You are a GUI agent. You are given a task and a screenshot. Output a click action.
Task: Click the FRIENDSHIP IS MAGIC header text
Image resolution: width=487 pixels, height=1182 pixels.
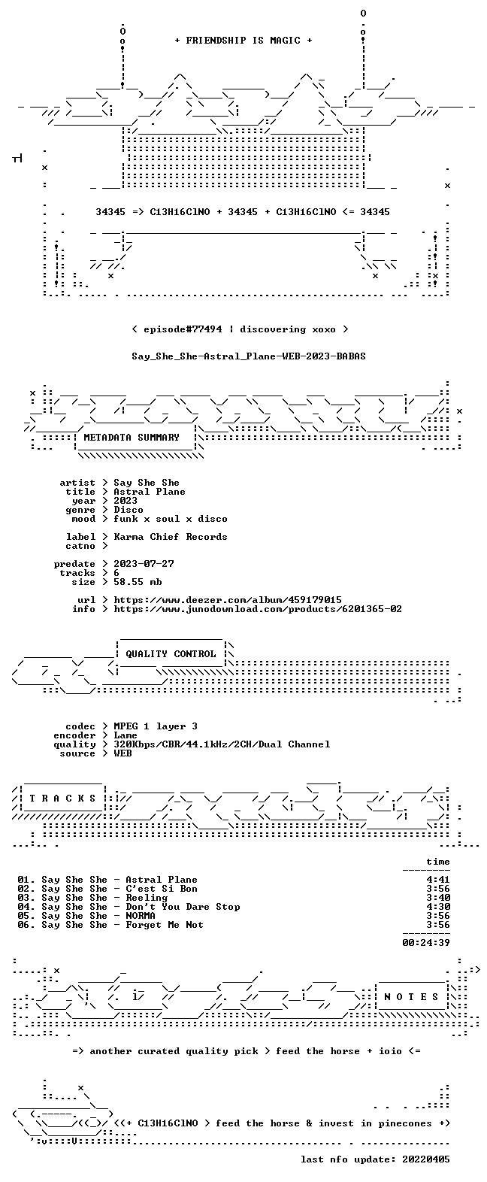click(243, 41)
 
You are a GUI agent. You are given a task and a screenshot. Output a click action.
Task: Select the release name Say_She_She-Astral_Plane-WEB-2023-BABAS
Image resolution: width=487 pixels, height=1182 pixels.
click(249, 356)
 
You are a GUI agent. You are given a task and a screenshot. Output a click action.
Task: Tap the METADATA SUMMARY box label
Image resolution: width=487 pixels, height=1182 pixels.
click(132, 438)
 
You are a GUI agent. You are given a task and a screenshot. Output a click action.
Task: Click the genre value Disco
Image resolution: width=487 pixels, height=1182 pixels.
click(129, 510)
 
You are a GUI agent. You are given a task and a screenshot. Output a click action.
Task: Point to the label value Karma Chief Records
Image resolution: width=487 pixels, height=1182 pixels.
click(171, 537)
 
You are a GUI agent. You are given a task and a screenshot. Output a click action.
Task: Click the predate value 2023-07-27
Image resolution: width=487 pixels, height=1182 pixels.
click(144, 564)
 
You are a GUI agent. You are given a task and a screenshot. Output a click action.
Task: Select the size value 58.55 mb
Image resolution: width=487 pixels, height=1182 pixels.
click(138, 582)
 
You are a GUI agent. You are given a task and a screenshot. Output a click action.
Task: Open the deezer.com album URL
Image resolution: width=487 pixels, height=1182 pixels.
click(228, 600)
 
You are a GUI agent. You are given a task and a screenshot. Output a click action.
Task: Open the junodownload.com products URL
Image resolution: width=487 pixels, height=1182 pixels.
click(258, 609)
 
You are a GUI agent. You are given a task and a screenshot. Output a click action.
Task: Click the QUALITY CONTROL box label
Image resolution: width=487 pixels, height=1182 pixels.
click(171, 654)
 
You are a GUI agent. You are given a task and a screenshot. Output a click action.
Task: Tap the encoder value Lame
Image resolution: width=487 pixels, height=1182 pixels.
click(125, 735)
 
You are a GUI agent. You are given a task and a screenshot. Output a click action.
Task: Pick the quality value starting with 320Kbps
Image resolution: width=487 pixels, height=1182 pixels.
click(222, 744)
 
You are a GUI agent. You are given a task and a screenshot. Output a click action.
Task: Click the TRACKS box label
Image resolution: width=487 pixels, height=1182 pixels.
click(62, 799)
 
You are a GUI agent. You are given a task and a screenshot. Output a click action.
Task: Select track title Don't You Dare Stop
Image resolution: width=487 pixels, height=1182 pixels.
click(183, 907)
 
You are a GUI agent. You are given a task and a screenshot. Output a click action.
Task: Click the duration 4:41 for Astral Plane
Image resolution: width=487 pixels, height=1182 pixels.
click(438, 880)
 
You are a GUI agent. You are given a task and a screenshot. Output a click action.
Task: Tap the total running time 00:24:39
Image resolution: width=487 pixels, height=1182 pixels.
click(426, 943)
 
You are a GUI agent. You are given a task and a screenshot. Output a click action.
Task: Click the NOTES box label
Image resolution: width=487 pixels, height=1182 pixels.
click(411, 997)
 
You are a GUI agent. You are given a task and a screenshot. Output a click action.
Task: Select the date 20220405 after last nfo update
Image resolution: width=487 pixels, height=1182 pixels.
click(426, 1159)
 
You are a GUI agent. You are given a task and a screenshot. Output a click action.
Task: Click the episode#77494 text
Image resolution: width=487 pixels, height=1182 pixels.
click(183, 329)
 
